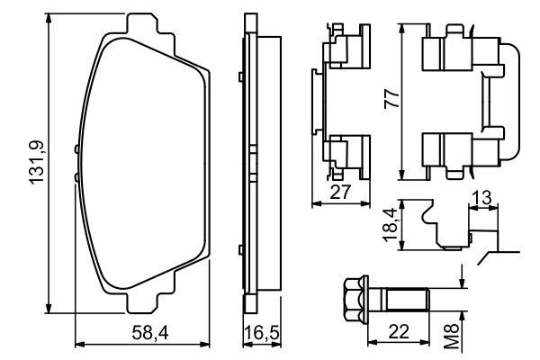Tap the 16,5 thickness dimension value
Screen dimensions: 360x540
pyautogui.click(x=262, y=334)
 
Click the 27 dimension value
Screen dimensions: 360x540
pyautogui.click(x=340, y=192)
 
